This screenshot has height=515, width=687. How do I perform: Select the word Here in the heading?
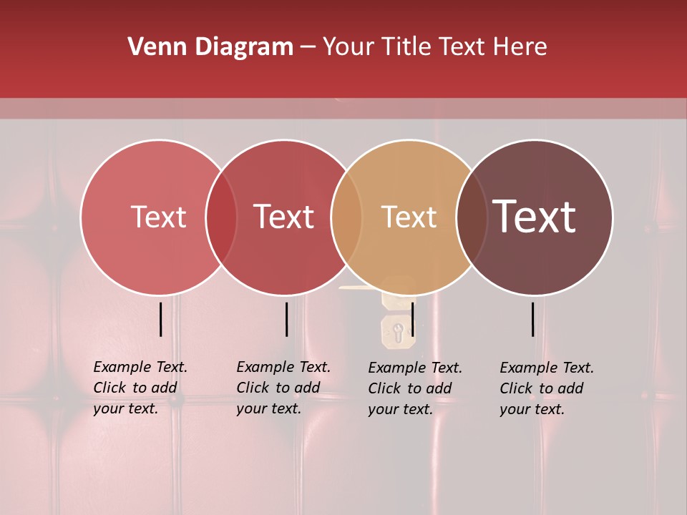(521, 47)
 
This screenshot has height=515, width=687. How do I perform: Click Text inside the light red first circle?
(158, 217)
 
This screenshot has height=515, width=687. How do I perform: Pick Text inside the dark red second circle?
(283, 217)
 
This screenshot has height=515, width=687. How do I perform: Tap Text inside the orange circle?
(409, 217)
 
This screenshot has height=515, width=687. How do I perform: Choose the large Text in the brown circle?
(534, 217)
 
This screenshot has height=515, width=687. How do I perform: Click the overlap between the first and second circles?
(221, 217)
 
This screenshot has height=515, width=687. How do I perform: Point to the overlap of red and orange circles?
(346, 217)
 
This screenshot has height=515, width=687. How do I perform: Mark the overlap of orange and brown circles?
(472, 217)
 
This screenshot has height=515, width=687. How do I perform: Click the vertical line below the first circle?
(161, 319)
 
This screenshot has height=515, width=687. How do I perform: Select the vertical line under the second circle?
(286, 319)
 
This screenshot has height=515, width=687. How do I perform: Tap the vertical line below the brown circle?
(533, 319)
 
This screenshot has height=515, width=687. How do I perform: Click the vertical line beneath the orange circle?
(413, 319)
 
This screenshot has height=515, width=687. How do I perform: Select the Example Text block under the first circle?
(140, 388)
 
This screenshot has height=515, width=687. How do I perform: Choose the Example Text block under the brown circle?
(546, 388)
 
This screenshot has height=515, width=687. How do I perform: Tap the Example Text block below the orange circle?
(414, 388)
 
